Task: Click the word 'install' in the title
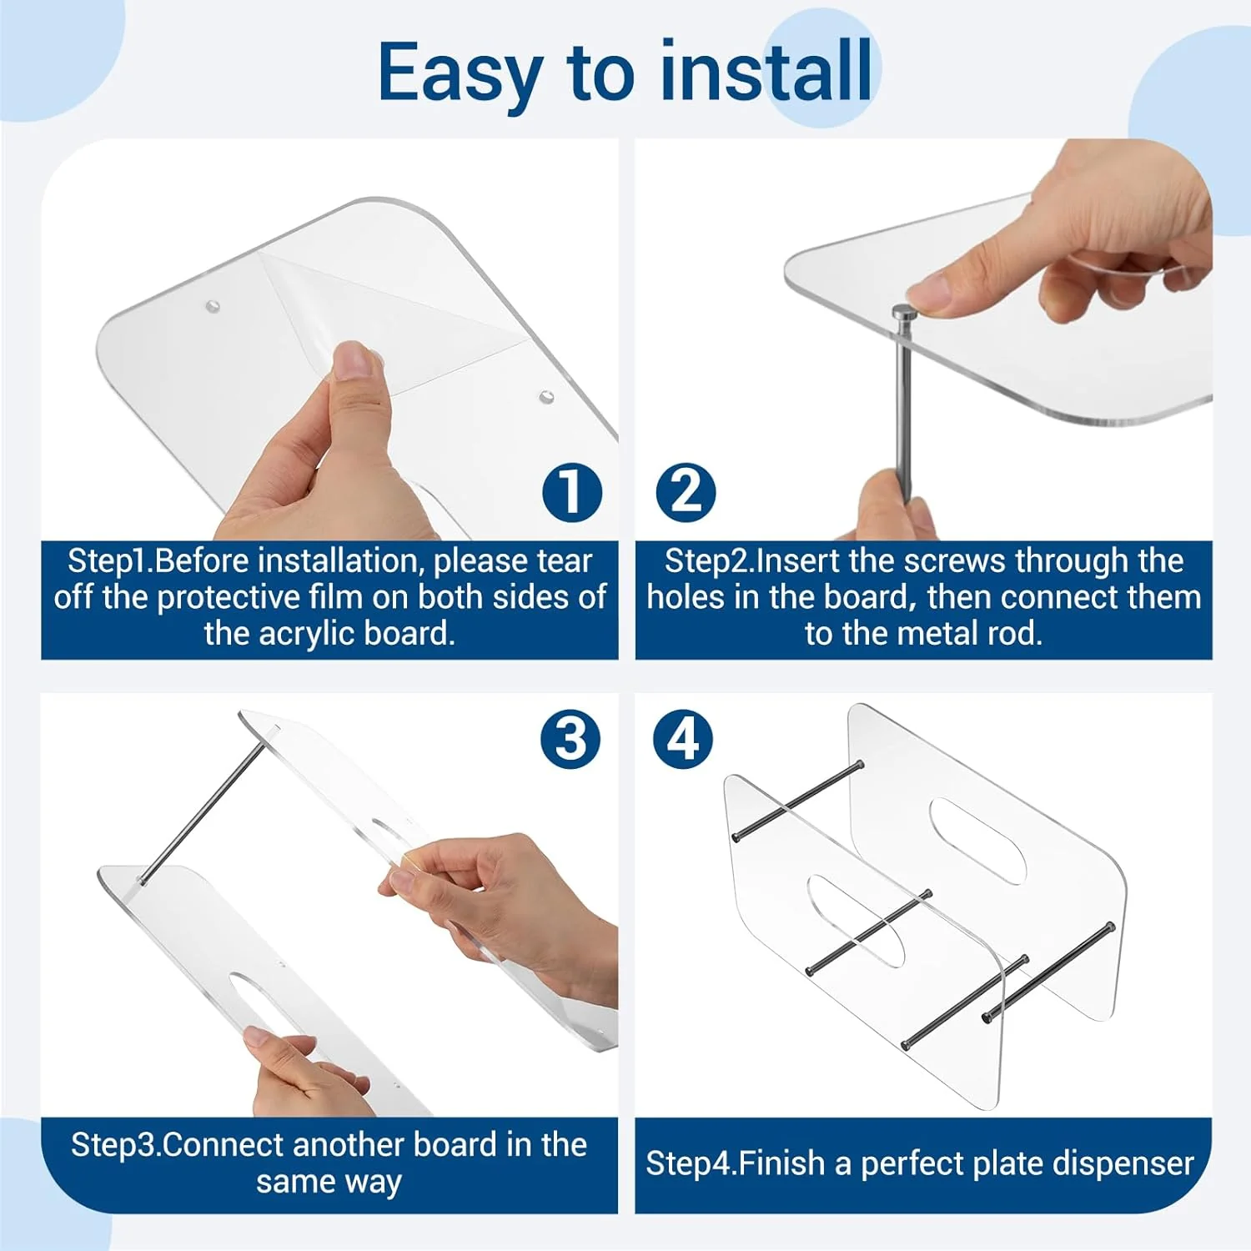pos(766,73)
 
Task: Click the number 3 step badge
pos(570,739)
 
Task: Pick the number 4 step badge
pos(683,739)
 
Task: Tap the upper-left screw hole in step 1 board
pos(213,306)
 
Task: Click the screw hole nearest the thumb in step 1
pos(547,396)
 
